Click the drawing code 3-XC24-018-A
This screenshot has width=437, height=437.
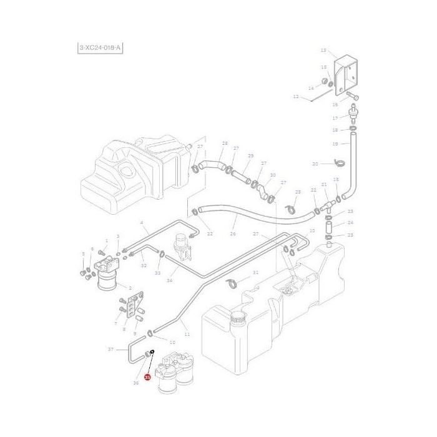click(x=99, y=47)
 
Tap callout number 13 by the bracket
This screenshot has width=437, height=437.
click(x=323, y=51)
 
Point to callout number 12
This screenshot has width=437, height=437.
click(x=296, y=97)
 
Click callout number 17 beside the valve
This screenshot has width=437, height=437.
click(x=335, y=118)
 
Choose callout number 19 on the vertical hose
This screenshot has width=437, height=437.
click(x=335, y=144)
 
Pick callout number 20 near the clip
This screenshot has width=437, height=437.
click(x=315, y=164)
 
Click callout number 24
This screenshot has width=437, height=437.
click(x=350, y=223)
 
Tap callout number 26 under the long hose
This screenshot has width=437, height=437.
click(x=233, y=235)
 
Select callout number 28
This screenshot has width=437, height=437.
click(x=225, y=144)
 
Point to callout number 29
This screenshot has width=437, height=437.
click(x=250, y=155)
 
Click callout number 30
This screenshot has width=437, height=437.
click(x=273, y=176)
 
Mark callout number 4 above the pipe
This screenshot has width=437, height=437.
click(x=142, y=223)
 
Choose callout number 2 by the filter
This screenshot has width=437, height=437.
click(x=130, y=288)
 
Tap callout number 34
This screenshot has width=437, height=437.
click(x=169, y=281)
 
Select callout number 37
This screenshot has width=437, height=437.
click(x=110, y=350)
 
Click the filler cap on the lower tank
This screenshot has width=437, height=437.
click(x=237, y=319)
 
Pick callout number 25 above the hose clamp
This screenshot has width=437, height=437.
click(x=298, y=192)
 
